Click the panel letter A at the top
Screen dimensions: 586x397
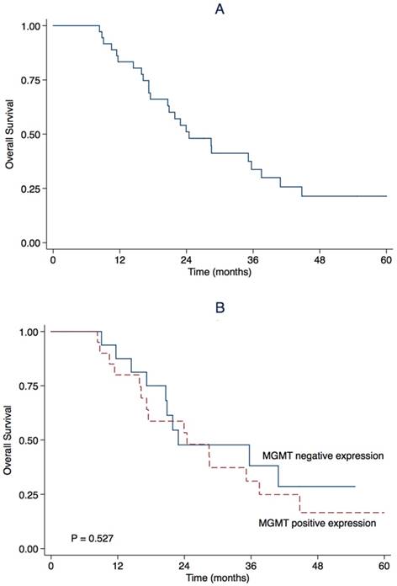(219, 8)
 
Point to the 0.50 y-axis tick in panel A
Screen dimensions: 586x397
(28, 134)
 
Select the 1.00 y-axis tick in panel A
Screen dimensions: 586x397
(28, 25)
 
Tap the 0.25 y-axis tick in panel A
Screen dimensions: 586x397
(28, 189)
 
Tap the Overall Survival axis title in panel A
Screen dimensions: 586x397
(9, 135)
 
